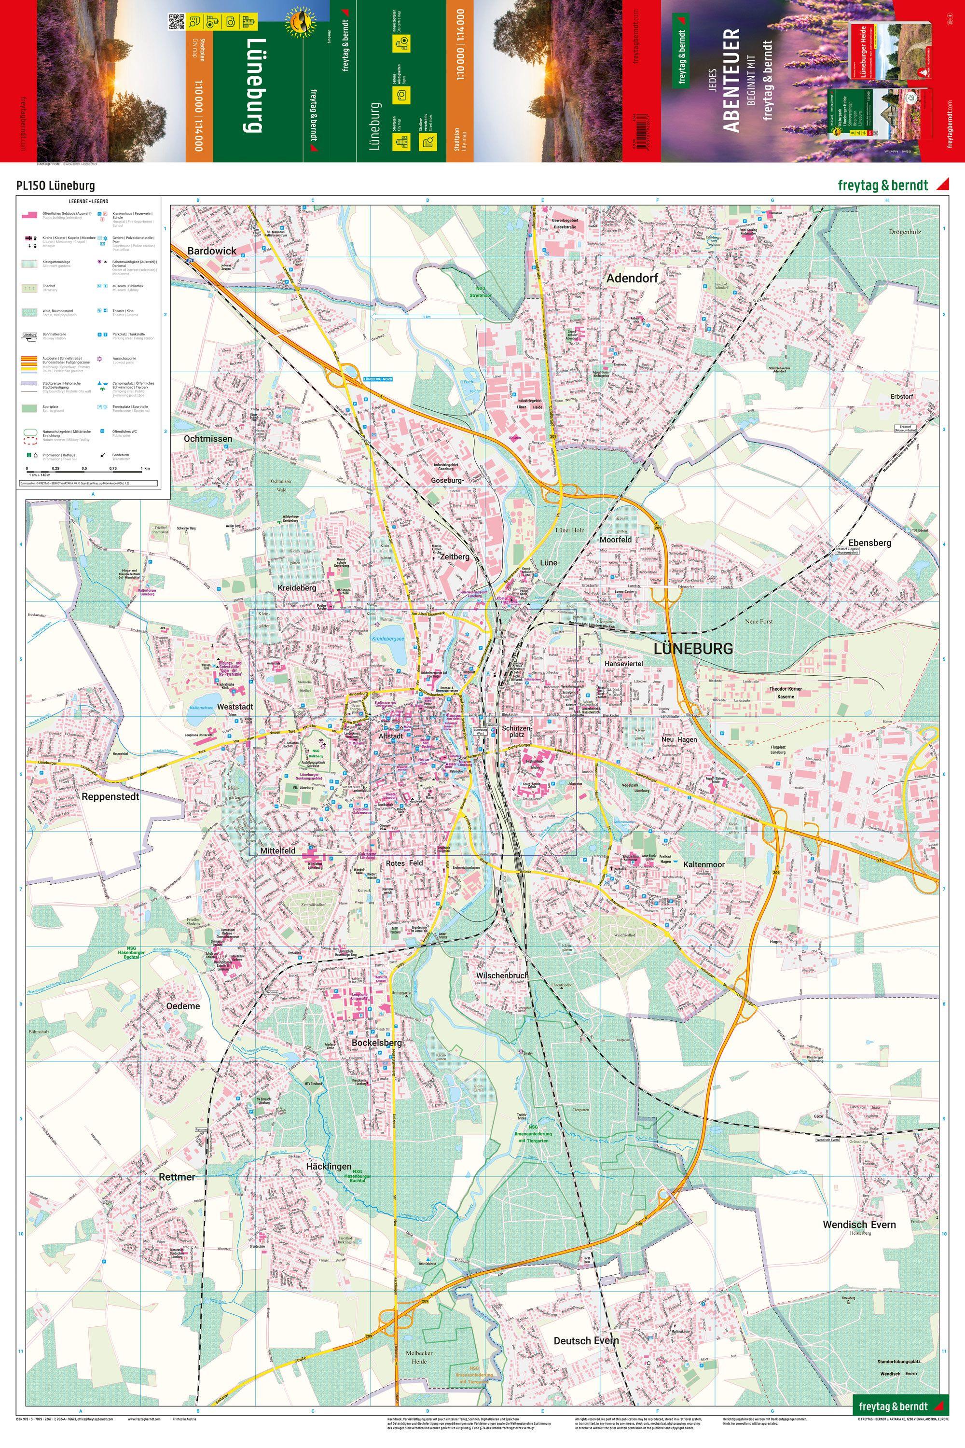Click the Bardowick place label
(212, 251)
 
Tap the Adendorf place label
(632, 278)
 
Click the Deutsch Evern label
(586, 1341)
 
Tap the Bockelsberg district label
(377, 1044)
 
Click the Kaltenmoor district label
(703, 865)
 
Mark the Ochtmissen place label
(208, 439)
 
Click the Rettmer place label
(177, 1177)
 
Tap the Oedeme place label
(183, 1006)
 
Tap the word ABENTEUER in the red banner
(731, 80)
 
